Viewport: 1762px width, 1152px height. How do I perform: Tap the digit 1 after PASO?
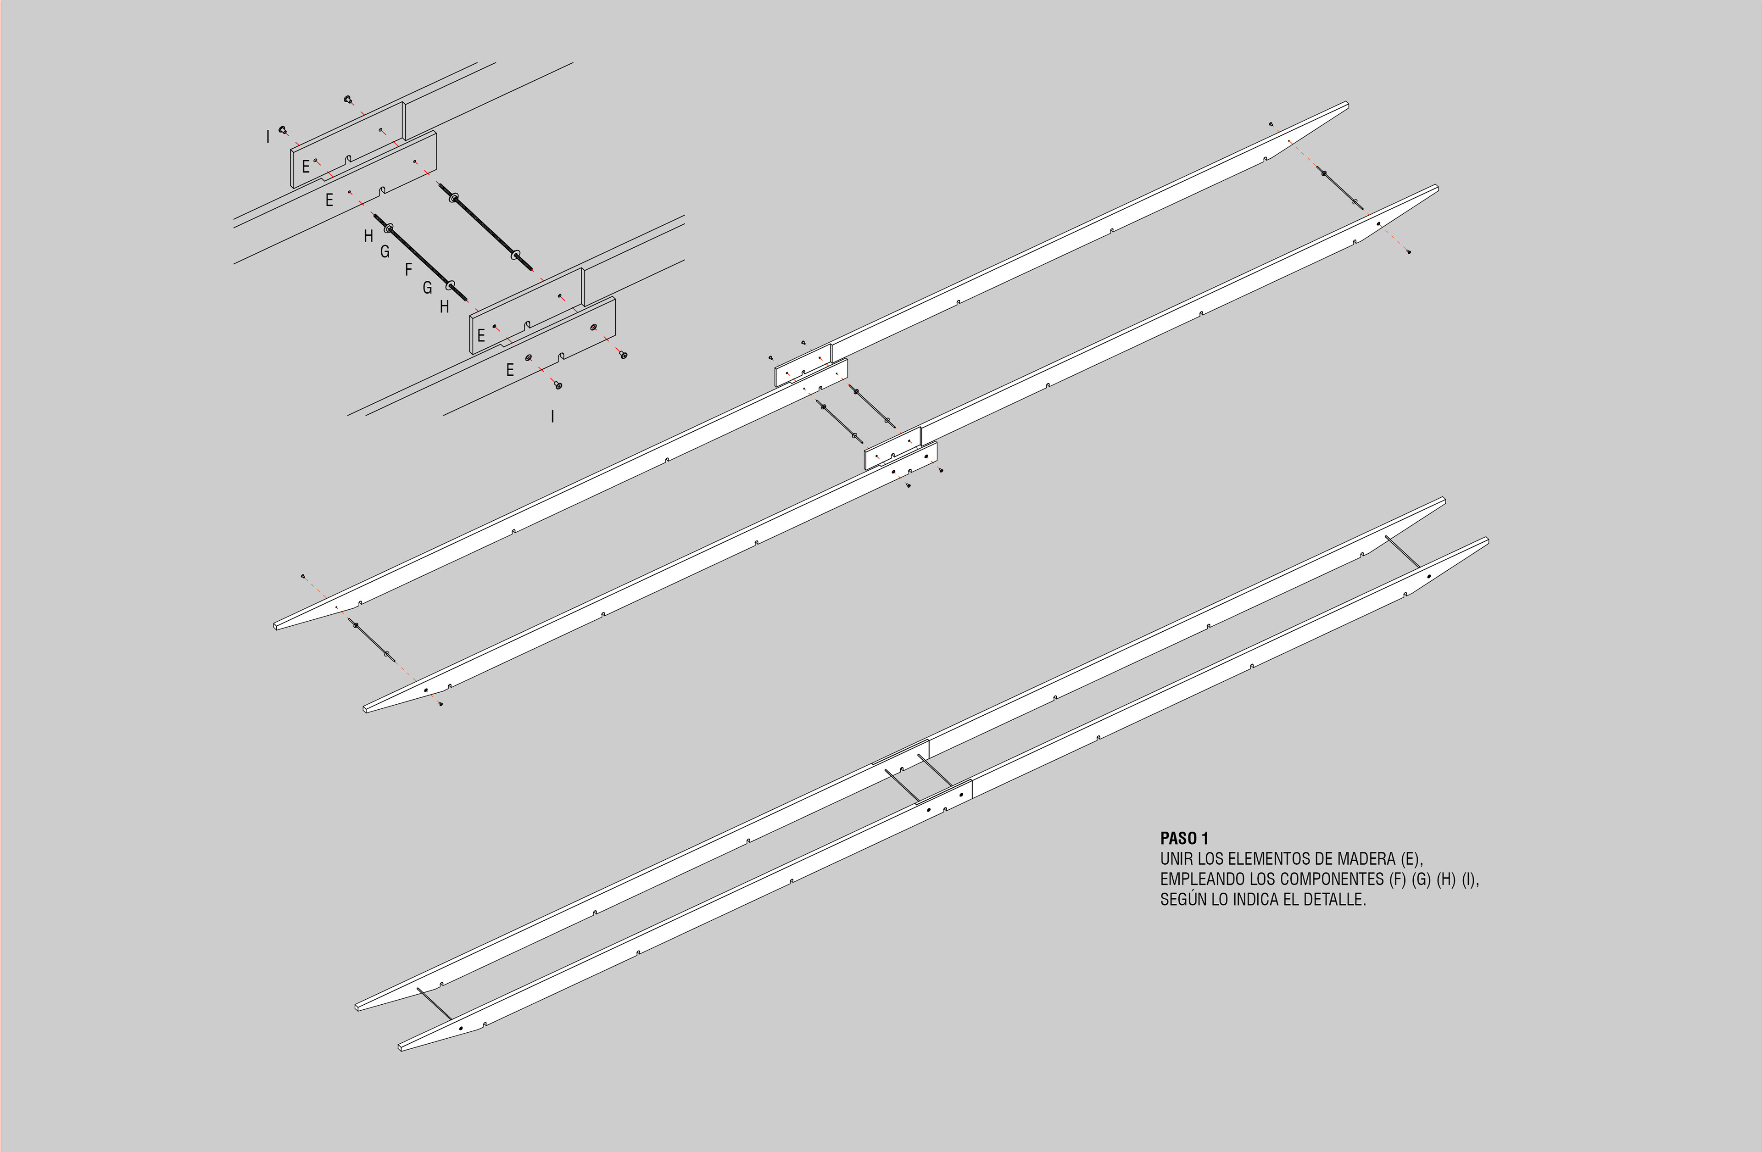1205,839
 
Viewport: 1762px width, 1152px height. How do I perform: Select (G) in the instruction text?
1422,879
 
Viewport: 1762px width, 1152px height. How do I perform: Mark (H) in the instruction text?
1446,879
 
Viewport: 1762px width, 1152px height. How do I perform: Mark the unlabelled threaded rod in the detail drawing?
485,227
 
